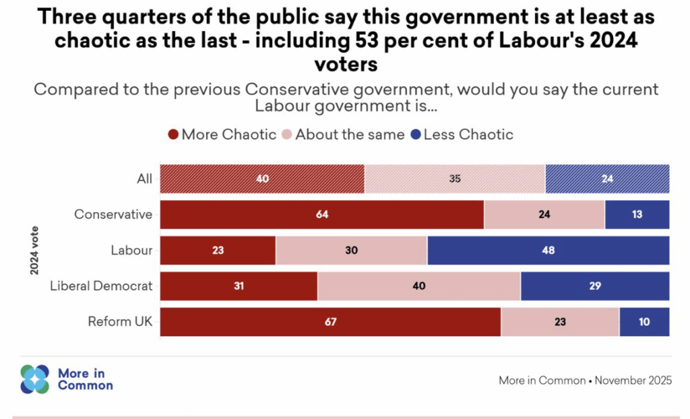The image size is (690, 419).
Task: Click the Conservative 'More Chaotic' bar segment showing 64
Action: [x=322, y=215]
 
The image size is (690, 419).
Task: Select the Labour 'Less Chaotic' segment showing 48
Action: [x=548, y=251]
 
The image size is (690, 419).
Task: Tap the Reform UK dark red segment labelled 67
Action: [x=330, y=322]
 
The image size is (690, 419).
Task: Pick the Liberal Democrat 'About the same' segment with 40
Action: [x=419, y=286]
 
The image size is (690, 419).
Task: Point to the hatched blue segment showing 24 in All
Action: [x=607, y=179]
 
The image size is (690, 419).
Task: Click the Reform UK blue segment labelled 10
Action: [x=644, y=322]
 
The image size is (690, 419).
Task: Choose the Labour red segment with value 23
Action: [x=218, y=251]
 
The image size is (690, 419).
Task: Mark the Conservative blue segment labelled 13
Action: [x=637, y=215]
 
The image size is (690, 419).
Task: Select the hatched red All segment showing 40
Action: [x=262, y=179]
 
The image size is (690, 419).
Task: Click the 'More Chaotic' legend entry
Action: [x=222, y=135]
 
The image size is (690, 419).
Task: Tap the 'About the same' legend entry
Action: [x=343, y=135]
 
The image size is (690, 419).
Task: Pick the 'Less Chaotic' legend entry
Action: [x=462, y=135]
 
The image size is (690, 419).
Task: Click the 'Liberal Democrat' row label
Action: [x=102, y=286]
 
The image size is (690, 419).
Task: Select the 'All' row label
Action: [x=144, y=179]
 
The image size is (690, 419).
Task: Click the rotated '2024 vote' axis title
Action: [x=34, y=251]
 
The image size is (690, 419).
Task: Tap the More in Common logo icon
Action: [x=35, y=379]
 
